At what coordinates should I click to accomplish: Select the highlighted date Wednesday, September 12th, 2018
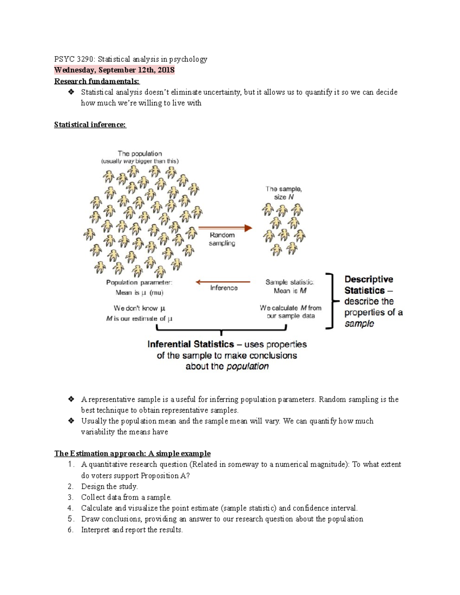pyautogui.click(x=114, y=70)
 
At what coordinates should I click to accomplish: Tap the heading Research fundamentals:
pyautogui.click(x=97, y=81)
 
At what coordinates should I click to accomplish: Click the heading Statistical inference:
pyautogui.click(x=90, y=125)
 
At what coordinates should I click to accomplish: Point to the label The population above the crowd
pyautogui.click(x=140, y=154)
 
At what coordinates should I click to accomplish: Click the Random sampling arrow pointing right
pyautogui.click(x=225, y=228)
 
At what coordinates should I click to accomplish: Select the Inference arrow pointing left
pyautogui.click(x=223, y=282)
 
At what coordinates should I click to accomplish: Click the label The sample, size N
pyautogui.click(x=284, y=193)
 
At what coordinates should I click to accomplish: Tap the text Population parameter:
pyautogui.click(x=139, y=282)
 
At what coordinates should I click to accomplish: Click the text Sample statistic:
pyautogui.click(x=289, y=282)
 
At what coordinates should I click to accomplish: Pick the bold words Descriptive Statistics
pyautogui.click(x=368, y=285)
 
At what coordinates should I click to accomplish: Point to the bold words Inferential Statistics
pyautogui.click(x=191, y=344)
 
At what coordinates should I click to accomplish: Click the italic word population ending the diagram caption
pyautogui.click(x=247, y=366)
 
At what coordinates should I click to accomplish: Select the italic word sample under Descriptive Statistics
pyautogui.click(x=359, y=324)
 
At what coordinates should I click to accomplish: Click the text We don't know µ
pyautogui.click(x=139, y=308)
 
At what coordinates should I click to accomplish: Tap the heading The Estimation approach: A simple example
pyautogui.click(x=132, y=454)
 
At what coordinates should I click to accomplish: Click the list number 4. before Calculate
pyautogui.click(x=70, y=508)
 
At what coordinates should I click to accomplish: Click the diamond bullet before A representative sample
pyautogui.click(x=71, y=399)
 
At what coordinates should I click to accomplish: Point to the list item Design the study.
pyautogui.click(x=109, y=487)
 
